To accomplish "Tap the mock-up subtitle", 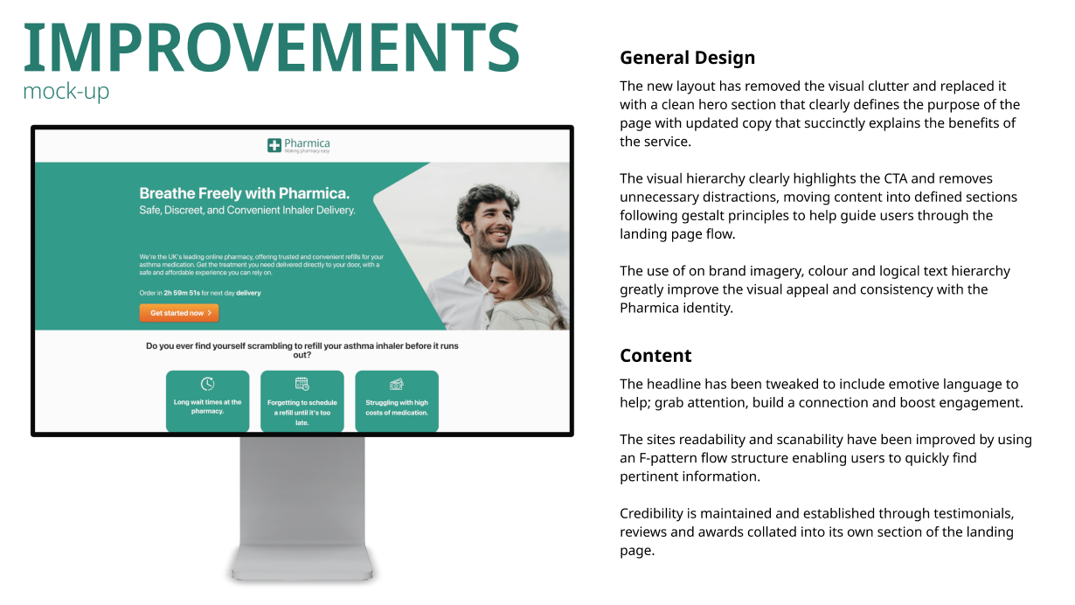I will tap(66, 91).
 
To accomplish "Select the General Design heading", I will tap(687, 58).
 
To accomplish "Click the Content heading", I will tap(655, 355).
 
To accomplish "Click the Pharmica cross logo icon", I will tap(274, 145).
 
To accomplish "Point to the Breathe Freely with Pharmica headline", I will tap(245, 193).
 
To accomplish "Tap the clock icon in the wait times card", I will tap(207, 384).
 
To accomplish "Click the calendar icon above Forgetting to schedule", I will tap(302, 384).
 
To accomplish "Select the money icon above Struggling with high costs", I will tap(397, 384).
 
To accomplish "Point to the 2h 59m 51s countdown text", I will tap(182, 293).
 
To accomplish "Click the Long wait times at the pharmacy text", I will tap(207, 407).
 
